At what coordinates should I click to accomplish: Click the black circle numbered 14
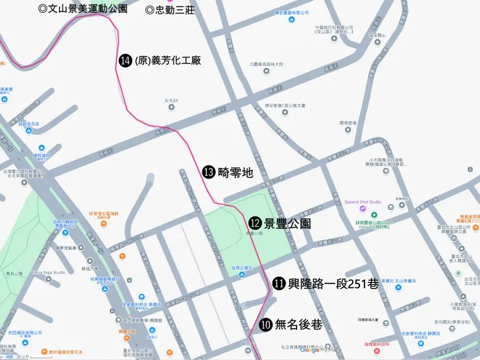pyautogui.click(x=126, y=60)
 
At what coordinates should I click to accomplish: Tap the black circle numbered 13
pyautogui.click(x=209, y=172)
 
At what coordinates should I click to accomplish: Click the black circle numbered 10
pyautogui.click(x=265, y=325)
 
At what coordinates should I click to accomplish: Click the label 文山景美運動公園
pyautogui.click(x=83, y=9)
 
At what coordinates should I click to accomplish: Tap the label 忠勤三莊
pyautogui.click(x=171, y=10)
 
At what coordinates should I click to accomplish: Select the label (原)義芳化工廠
pyautogui.click(x=167, y=60)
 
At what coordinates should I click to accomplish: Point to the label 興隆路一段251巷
pyautogui.click(x=327, y=283)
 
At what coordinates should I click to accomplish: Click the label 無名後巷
pyautogui.click(x=298, y=325)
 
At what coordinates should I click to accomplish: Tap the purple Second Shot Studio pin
pyautogui.click(x=363, y=209)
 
